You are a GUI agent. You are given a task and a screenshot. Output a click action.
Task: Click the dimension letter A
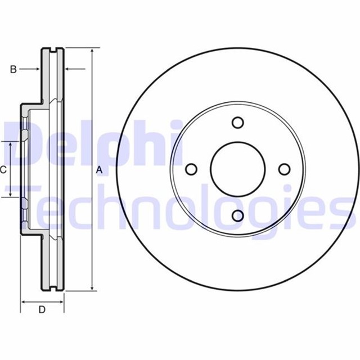[x=100, y=169]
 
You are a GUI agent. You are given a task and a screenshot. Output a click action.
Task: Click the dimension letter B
[x=13, y=69]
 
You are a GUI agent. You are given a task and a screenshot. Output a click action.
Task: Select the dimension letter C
[x=3, y=169]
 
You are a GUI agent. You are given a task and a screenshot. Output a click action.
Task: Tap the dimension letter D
[x=42, y=309]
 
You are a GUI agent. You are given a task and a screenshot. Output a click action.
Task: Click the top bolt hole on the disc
[x=237, y=123]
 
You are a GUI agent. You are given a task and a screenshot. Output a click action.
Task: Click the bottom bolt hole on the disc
[x=237, y=215]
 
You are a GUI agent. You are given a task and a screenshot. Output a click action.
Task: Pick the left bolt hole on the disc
[x=191, y=169]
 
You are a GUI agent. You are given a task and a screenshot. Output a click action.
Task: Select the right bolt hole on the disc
[x=284, y=169]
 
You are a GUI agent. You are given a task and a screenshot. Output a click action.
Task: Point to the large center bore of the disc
[x=237, y=169]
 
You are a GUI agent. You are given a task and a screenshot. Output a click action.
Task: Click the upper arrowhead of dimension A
[x=91, y=51]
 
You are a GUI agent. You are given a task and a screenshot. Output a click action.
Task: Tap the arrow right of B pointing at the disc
[x=37, y=69]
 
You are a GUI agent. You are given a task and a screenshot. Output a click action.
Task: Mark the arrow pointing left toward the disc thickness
[x=68, y=69]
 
